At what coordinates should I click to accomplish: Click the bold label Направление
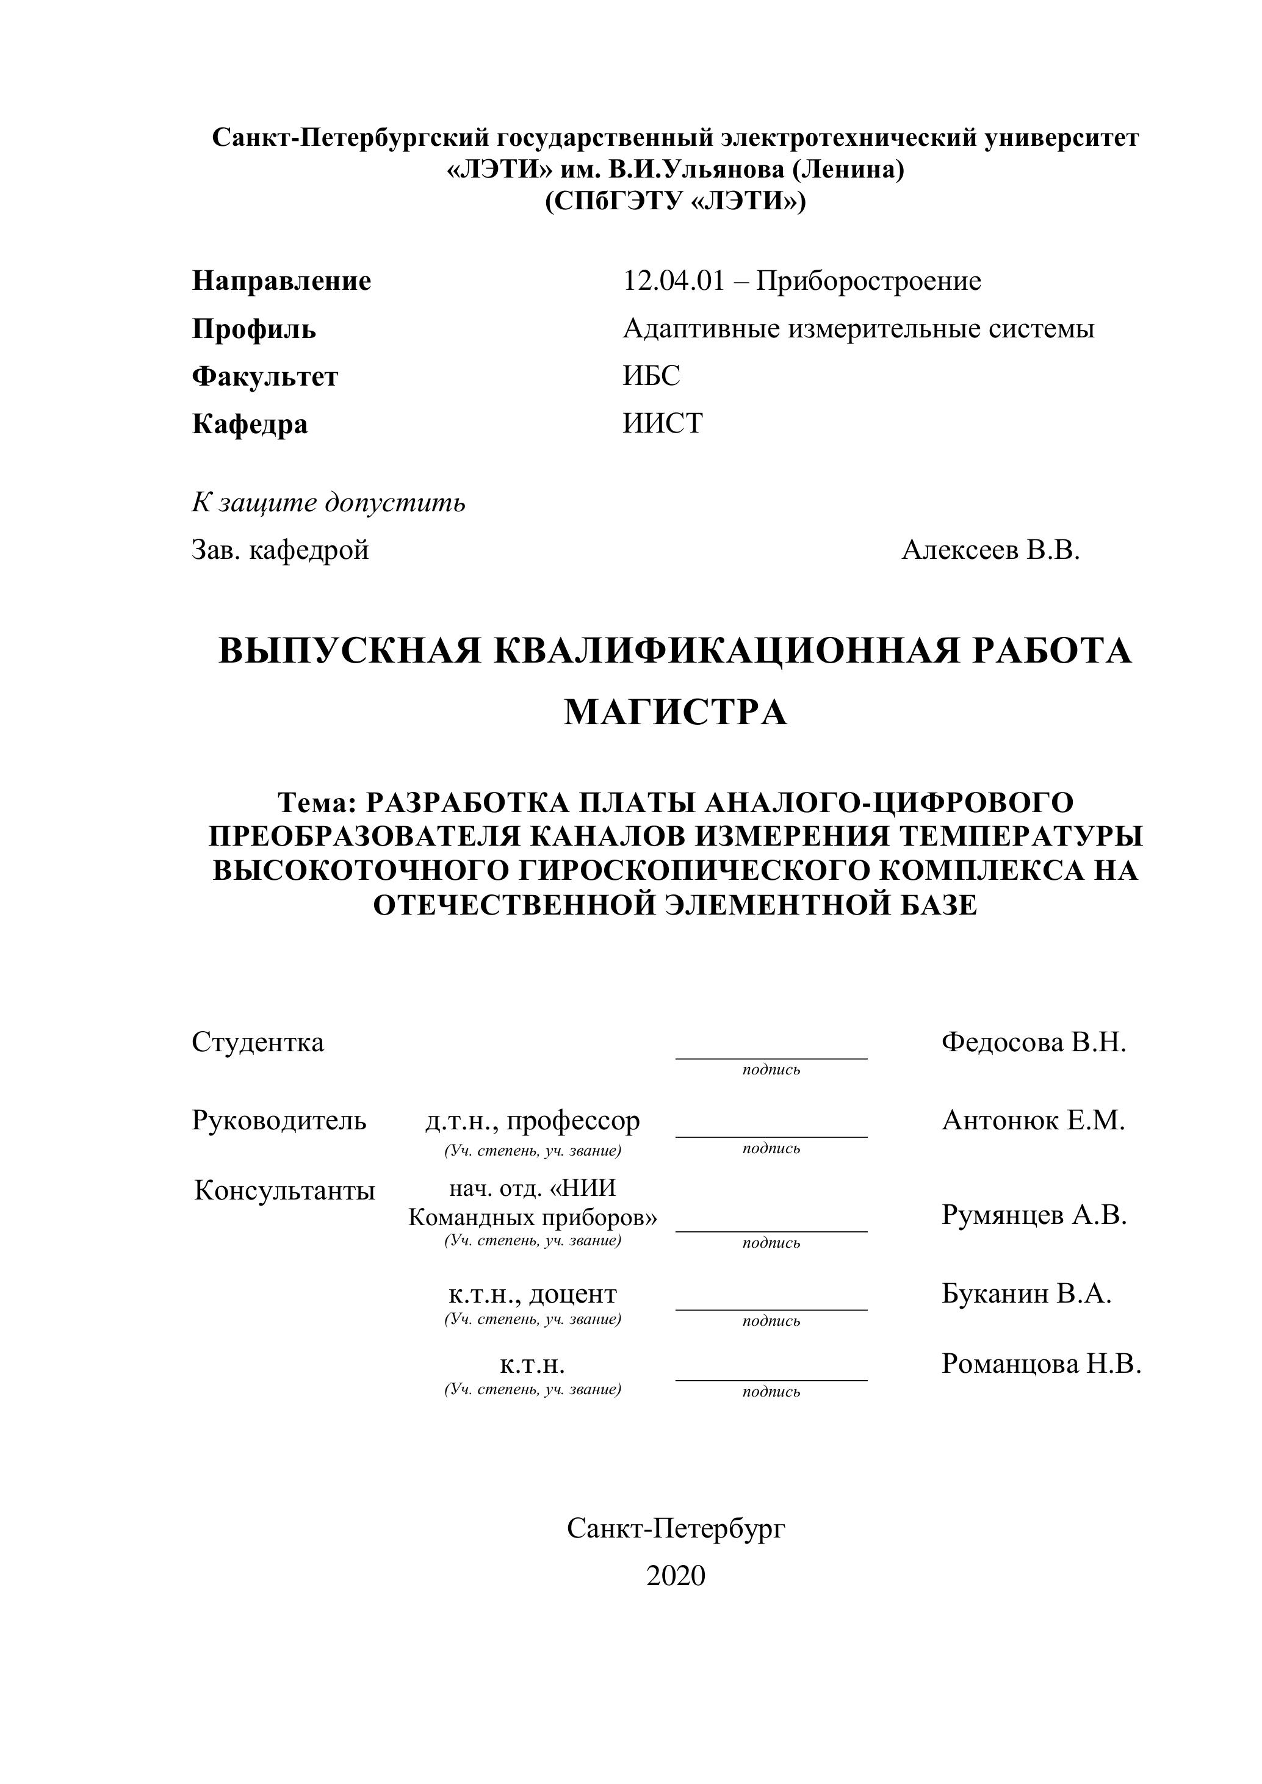click(281, 281)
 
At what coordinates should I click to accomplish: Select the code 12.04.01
click(673, 281)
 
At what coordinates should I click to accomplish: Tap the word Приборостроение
click(869, 281)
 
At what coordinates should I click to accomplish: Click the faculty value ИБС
click(651, 376)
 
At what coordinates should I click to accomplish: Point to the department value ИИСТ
click(663, 423)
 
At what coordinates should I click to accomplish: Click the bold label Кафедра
click(250, 424)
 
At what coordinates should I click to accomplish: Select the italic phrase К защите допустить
click(329, 503)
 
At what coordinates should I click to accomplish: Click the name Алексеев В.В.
click(991, 550)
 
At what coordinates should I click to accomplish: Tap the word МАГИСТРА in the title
click(676, 712)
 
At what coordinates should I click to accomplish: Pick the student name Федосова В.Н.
click(1034, 1042)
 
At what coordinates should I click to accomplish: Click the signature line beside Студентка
click(771, 1057)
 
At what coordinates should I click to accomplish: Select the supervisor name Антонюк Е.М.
click(1034, 1120)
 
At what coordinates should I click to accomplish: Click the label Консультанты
click(284, 1190)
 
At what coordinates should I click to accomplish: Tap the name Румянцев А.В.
click(1034, 1215)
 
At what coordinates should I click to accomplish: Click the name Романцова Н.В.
click(1041, 1364)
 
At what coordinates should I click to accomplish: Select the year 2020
click(676, 1575)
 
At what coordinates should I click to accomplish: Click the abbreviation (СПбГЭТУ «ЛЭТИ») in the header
click(676, 201)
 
